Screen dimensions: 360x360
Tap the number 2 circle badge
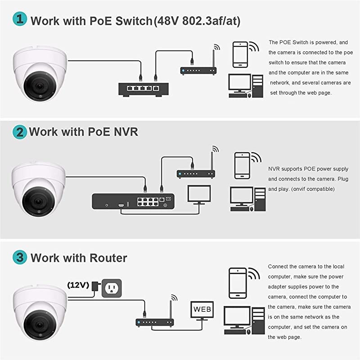[x=19, y=132]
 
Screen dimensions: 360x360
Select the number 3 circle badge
[x=19, y=258]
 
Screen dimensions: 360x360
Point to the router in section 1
[x=198, y=70]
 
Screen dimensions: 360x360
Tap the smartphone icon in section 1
[x=240, y=54]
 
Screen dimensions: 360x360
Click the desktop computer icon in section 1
[x=246, y=85]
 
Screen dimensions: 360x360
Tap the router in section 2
[x=195, y=173]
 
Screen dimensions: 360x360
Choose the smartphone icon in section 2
[x=242, y=166]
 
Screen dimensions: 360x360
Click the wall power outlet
[x=112, y=288]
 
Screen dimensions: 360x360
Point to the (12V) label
[x=77, y=285]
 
